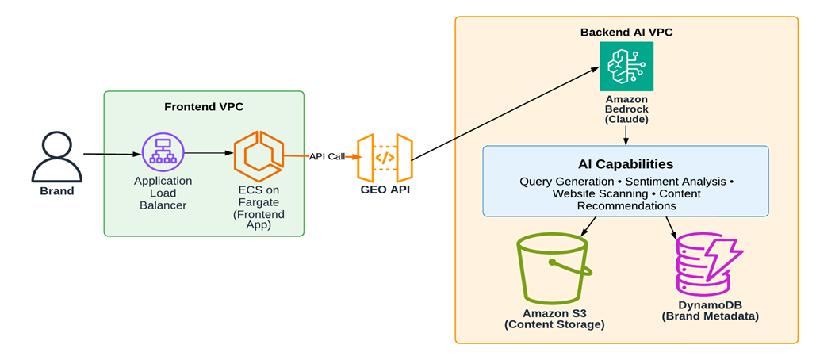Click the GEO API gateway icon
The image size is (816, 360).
click(385, 159)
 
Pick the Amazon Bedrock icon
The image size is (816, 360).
click(626, 66)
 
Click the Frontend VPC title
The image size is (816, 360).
click(203, 107)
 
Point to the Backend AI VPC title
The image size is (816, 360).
click(626, 32)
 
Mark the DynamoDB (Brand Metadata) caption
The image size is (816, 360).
click(710, 311)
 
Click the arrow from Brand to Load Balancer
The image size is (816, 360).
click(111, 154)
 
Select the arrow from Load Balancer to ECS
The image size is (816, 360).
click(206, 153)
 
